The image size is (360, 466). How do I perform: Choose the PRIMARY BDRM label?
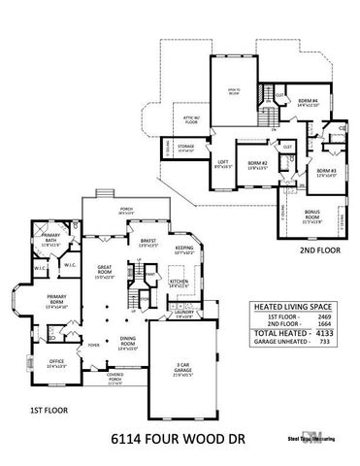tap(48, 300)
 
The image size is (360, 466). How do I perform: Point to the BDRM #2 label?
tap(256, 163)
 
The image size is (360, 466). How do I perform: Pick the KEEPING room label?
tap(183, 249)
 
